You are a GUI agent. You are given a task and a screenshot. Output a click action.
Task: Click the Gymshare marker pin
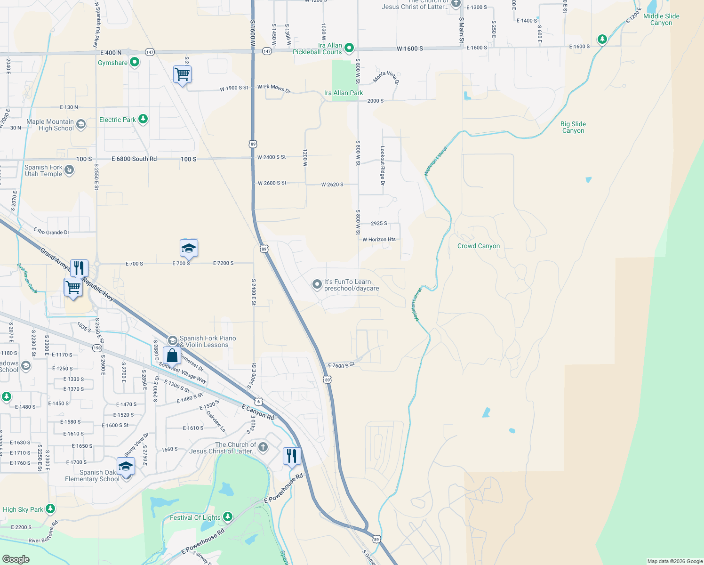[135, 62]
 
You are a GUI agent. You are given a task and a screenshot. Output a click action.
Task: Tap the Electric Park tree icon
[143, 119]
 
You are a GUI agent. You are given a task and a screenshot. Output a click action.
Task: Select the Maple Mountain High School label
[50, 125]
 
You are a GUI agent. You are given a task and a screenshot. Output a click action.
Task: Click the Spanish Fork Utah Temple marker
[69, 169]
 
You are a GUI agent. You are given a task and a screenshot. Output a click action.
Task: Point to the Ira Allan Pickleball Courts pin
[349, 48]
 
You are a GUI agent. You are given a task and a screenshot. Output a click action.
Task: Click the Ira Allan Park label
[344, 93]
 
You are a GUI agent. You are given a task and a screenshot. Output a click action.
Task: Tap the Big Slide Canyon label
[573, 127]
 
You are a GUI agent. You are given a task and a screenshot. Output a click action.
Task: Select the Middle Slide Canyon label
[661, 19]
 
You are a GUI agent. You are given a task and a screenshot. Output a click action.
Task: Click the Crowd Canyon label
[479, 246]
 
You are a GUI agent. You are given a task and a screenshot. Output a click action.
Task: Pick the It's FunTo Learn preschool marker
[317, 284]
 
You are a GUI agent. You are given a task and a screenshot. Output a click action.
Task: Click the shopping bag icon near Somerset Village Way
[172, 356]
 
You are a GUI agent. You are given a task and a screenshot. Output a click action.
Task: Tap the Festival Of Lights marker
[228, 517]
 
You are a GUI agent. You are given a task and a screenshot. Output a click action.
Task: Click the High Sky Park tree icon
[50, 509]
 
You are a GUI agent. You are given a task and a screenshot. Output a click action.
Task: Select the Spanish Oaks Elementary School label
[92, 476]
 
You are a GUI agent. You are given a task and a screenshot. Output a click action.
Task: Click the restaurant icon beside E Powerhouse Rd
[292, 456]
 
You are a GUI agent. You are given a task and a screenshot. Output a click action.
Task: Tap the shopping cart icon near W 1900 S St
[182, 74]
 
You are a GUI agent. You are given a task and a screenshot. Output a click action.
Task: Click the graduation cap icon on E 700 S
[189, 248]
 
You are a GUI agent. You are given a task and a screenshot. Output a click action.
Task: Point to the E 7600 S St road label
[341, 365]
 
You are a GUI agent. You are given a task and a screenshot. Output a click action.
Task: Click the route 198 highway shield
[97, 348]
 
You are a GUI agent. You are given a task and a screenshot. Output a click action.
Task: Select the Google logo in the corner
[16, 559]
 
